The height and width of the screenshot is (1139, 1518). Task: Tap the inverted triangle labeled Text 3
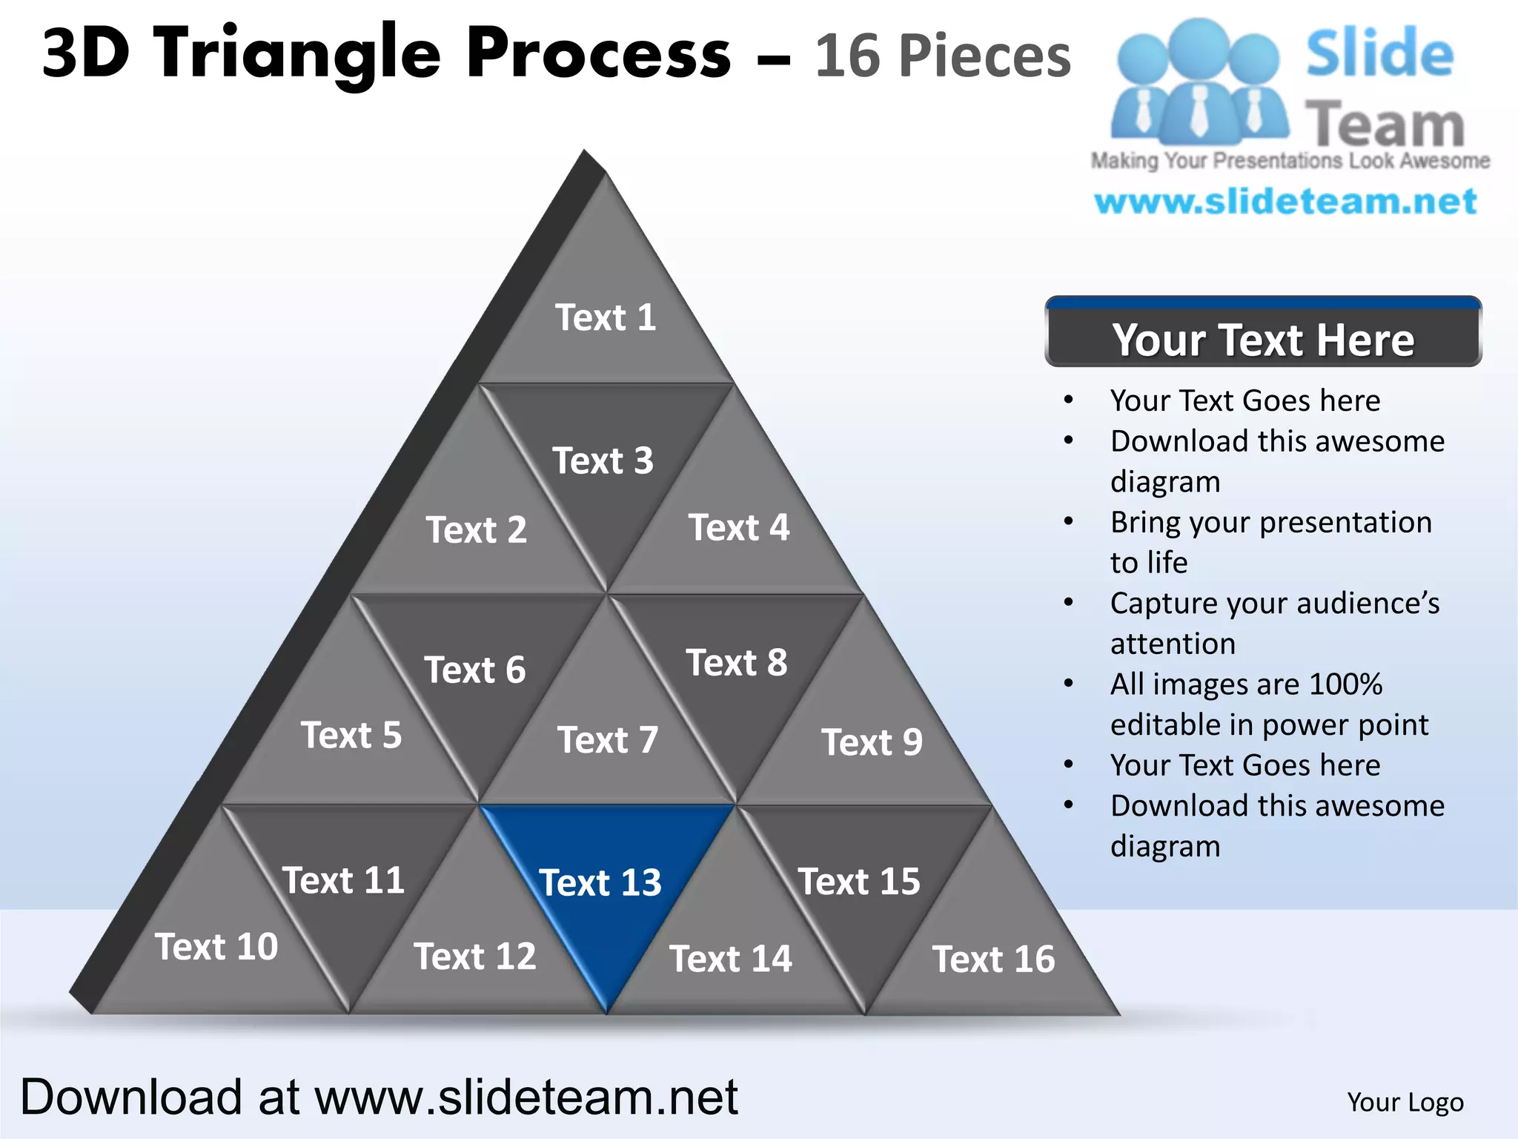pyautogui.click(x=603, y=460)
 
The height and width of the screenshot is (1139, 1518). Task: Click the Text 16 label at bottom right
pyautogui.click(x=993, y=959)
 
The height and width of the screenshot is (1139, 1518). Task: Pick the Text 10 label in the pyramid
pyautogui.click(x=216, y=947)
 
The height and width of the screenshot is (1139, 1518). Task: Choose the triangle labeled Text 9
pyautogui.click(x=872, y=742)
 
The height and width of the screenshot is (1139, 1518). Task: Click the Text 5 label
pyautogui.click(x=351, y=736)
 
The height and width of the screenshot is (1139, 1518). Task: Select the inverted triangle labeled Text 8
pyautogui.click(x=737, y=662)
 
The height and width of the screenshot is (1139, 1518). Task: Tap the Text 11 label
pyautogui.click(x=343, y=880)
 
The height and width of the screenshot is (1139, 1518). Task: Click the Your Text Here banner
pyautogui.click(x=1263, y=339)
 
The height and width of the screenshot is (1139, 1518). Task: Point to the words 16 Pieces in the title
pyautogui.click(x=943, y=56)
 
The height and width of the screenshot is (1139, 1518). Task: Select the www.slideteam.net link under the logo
pyautogui.click(x=1285, y=202)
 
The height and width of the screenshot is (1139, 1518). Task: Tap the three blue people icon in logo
pyautogui.click(x=1199, y=82)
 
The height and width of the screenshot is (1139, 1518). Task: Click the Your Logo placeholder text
pyautogui.click(x=1405, y=1102)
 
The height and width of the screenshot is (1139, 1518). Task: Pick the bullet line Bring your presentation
pyautogui.click(x=1270, y=522)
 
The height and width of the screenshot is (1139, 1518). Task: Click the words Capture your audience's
pyautogui.click(x=1274, y=603)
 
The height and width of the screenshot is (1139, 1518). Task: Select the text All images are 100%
pyautogui.click(x=1246, y=684)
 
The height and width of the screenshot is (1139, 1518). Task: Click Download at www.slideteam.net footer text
pyautogui.click(x=379, y=1097)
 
